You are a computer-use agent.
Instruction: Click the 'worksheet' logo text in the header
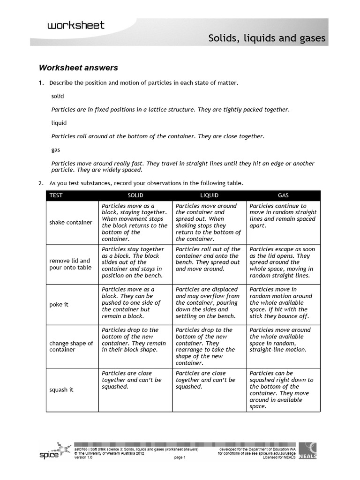coord(75,26)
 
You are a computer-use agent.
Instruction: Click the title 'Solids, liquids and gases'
coord(267,38)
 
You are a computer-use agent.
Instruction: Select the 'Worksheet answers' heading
coord(78,68)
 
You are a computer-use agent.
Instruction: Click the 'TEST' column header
coord(56,195)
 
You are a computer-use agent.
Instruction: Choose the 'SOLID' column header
coord(135,195)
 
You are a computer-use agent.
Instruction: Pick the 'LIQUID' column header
coord(209,195)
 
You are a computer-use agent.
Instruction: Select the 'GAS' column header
coord(284,195)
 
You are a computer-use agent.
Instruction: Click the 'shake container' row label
coord(71,222)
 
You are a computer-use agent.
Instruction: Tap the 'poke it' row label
coord(59,304)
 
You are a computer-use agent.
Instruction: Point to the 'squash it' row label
coord(61,390)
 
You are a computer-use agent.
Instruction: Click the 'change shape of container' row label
coord(71,346)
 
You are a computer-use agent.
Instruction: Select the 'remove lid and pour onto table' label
coord(70,264)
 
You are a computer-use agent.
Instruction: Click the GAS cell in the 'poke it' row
coord(283,303)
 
